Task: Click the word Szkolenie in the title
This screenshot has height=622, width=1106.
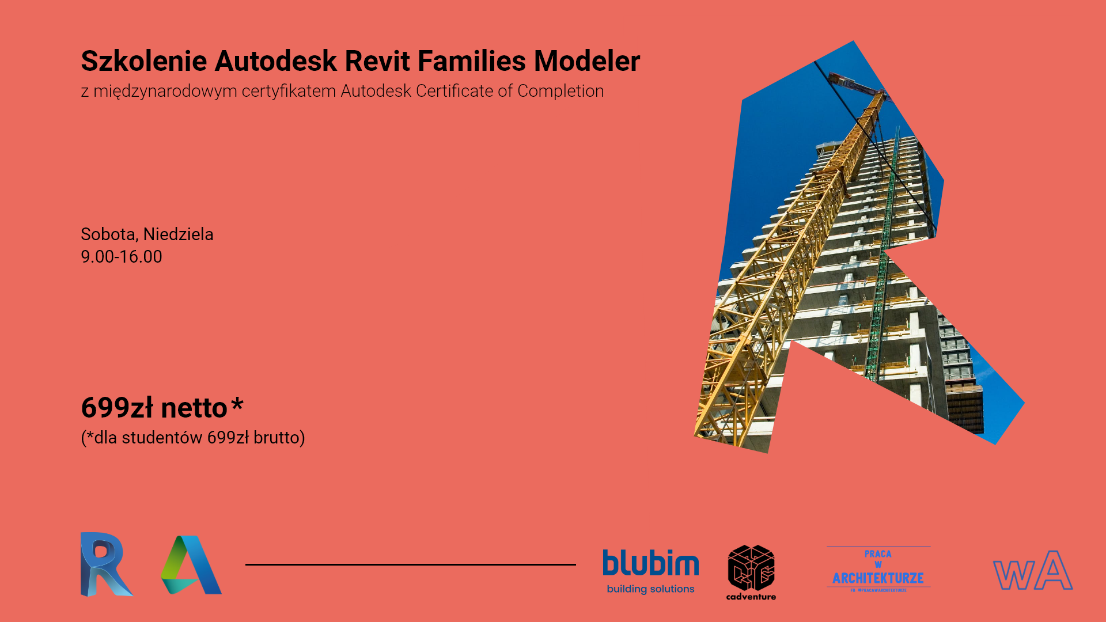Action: pyautogui.click(x=144, y=62)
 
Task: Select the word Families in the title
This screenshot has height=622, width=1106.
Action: pyautogui.click(x=472, y=62)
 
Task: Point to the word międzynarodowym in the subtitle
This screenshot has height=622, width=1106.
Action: pyautogui.click(x=165, y=92)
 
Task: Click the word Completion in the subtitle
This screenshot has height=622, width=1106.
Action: pyautogui.click(x=560, y=91)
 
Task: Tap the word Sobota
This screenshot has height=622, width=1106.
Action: pyautogui.click(x=108, y=234)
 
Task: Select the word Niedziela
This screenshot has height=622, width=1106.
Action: pyautogui.click(x=178, y=234)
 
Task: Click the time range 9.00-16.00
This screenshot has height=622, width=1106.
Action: pyautogui.click(x=122, y=257)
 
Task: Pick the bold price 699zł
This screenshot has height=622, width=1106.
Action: pyautogui.click(x=118, y=408)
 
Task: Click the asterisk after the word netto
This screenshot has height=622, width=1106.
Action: pyautogui.click(x=237, y=404)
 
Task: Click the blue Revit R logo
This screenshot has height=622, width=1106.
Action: pyautogui.click(x=105, y=564)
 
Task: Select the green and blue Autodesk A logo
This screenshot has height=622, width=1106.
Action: pyautogui.click(x=191, y=565)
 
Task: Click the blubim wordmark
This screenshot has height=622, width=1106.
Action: pyautogui.click(x=650, y=563)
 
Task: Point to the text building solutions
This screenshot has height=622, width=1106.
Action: pyautogui.click(x=650, y=589)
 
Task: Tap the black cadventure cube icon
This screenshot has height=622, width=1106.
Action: pyautogui.click(x=751, y=568)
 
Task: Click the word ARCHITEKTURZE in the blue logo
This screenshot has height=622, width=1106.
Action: pyautogui.click(x=878, y=578)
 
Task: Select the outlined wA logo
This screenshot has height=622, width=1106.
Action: pyautogui.click(x=1032, y=571)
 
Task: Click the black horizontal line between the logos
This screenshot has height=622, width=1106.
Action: pyautogui.click(x=410, y=564)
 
